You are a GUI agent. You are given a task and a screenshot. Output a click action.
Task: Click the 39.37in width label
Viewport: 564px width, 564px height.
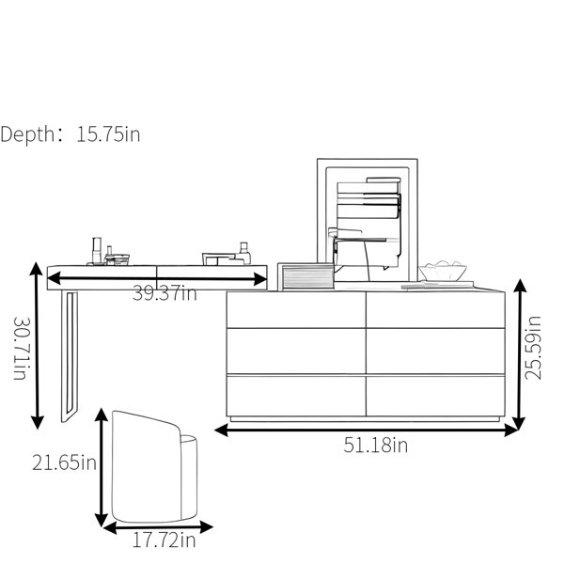coord(164,293)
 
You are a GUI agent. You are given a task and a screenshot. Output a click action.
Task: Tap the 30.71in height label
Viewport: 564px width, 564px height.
coord(20,348)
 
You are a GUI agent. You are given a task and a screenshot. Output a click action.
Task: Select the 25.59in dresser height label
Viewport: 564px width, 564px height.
coord(533,348)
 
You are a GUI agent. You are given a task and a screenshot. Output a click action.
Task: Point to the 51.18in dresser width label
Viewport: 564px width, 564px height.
coord(375,445)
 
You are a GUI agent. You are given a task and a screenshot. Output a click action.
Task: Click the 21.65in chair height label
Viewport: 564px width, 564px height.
coord(64,462)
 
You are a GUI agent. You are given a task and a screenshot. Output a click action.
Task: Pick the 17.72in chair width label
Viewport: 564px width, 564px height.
coord(164,540)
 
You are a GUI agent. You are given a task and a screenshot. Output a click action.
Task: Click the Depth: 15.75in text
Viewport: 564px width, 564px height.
coord(70,134)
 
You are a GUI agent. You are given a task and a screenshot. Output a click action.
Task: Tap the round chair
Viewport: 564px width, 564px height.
coord(154,466)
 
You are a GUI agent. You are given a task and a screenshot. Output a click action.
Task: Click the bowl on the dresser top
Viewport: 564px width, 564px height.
coord(443,272)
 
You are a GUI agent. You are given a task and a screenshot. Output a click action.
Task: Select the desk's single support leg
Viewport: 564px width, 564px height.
coord(70,355)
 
